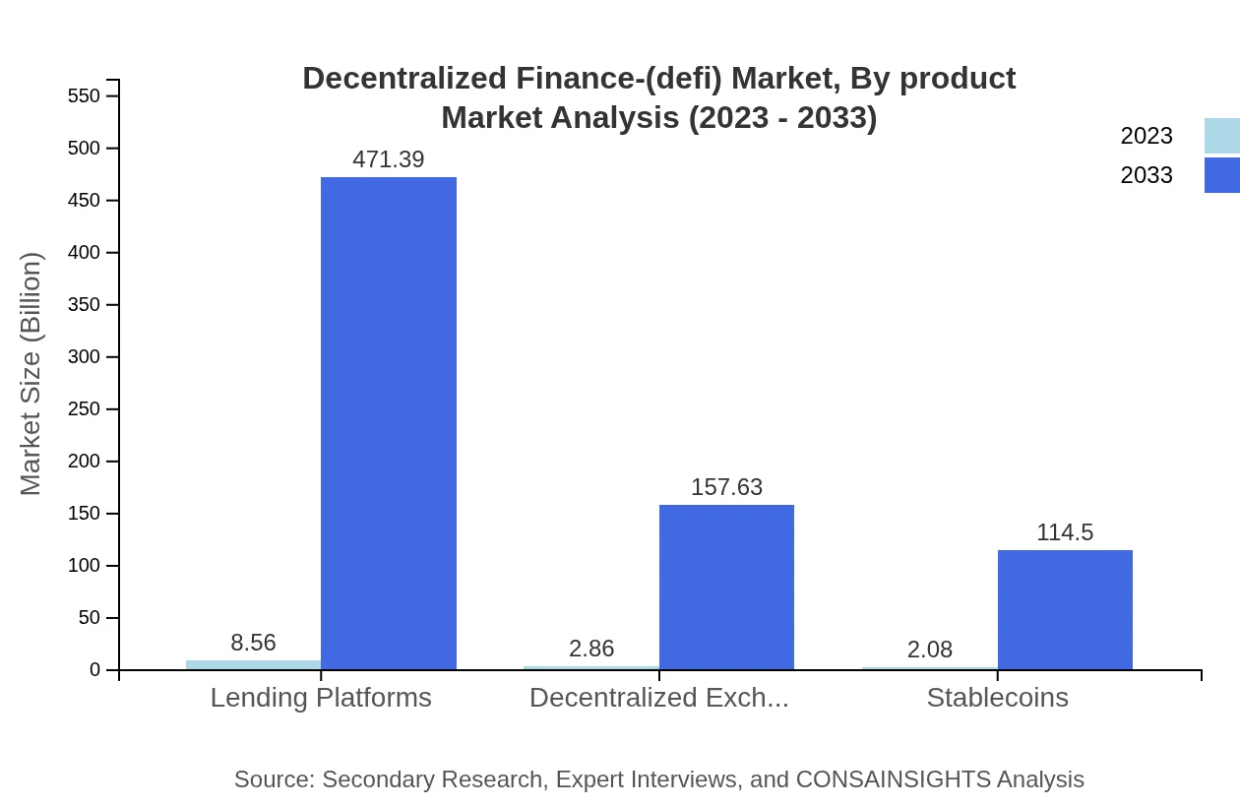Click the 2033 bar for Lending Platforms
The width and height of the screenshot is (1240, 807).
[389, 423]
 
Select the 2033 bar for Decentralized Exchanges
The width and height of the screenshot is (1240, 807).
[726, 588]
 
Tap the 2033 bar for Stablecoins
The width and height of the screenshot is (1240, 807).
[1065, 610]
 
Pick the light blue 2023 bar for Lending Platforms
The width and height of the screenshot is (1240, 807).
[253, 665]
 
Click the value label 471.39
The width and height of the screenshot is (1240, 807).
[389, 159]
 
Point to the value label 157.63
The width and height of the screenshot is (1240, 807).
[726, 487]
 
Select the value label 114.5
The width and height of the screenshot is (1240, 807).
[1065, 532]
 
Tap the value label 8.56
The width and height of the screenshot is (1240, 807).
[253, 643]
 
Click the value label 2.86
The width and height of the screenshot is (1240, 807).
[591, 649]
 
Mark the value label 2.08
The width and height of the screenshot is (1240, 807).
[930, 650]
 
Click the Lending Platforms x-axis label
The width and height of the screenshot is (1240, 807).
[321, 698]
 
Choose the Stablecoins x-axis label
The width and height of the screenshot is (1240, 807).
[997, 698]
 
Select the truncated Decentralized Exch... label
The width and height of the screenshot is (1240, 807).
[659, 698]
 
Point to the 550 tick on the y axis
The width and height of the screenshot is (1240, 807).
[85, 95]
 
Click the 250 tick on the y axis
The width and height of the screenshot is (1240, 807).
[85, 408]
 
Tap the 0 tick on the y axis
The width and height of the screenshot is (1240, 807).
[95, 670]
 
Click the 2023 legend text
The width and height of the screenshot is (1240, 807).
[1147, 136]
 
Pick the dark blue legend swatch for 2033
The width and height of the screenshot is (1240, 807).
[1221, 175]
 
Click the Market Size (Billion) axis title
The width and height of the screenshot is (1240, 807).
[31, 374]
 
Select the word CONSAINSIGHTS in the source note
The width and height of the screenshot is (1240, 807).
[893, 779]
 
